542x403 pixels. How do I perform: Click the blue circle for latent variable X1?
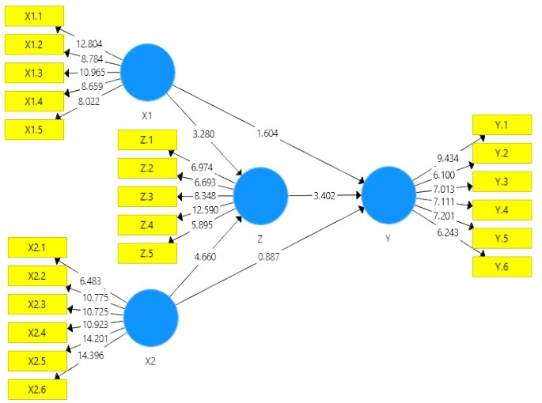coord(148,73)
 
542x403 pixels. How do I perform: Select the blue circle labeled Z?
coord(261,194)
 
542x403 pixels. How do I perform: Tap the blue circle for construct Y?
coord(388,194)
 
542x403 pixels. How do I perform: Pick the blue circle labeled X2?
coord(151,316)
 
